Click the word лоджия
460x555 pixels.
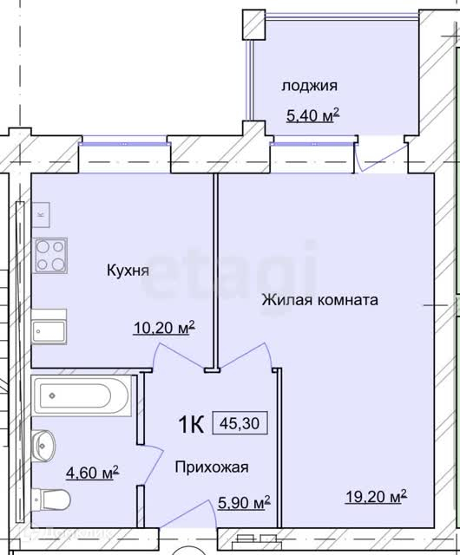point(309,86)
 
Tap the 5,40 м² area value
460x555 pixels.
point(313,115)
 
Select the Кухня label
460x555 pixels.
point(128,271)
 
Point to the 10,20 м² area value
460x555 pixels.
point(164,328)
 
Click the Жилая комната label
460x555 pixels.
point(320,300)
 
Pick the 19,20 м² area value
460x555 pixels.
point(376,497)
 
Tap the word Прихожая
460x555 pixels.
point(212,467)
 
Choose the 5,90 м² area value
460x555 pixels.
point(244,503)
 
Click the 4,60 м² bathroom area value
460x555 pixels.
point(93,473)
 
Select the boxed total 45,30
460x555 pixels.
point(240,423)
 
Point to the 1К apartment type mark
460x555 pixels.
point(191,424)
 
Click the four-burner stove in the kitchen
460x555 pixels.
point(50,255)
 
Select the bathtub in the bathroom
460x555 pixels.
point(82,395)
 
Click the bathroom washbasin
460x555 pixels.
point(44,445)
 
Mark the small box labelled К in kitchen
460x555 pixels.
point(41,215)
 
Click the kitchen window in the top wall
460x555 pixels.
point(124,144)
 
